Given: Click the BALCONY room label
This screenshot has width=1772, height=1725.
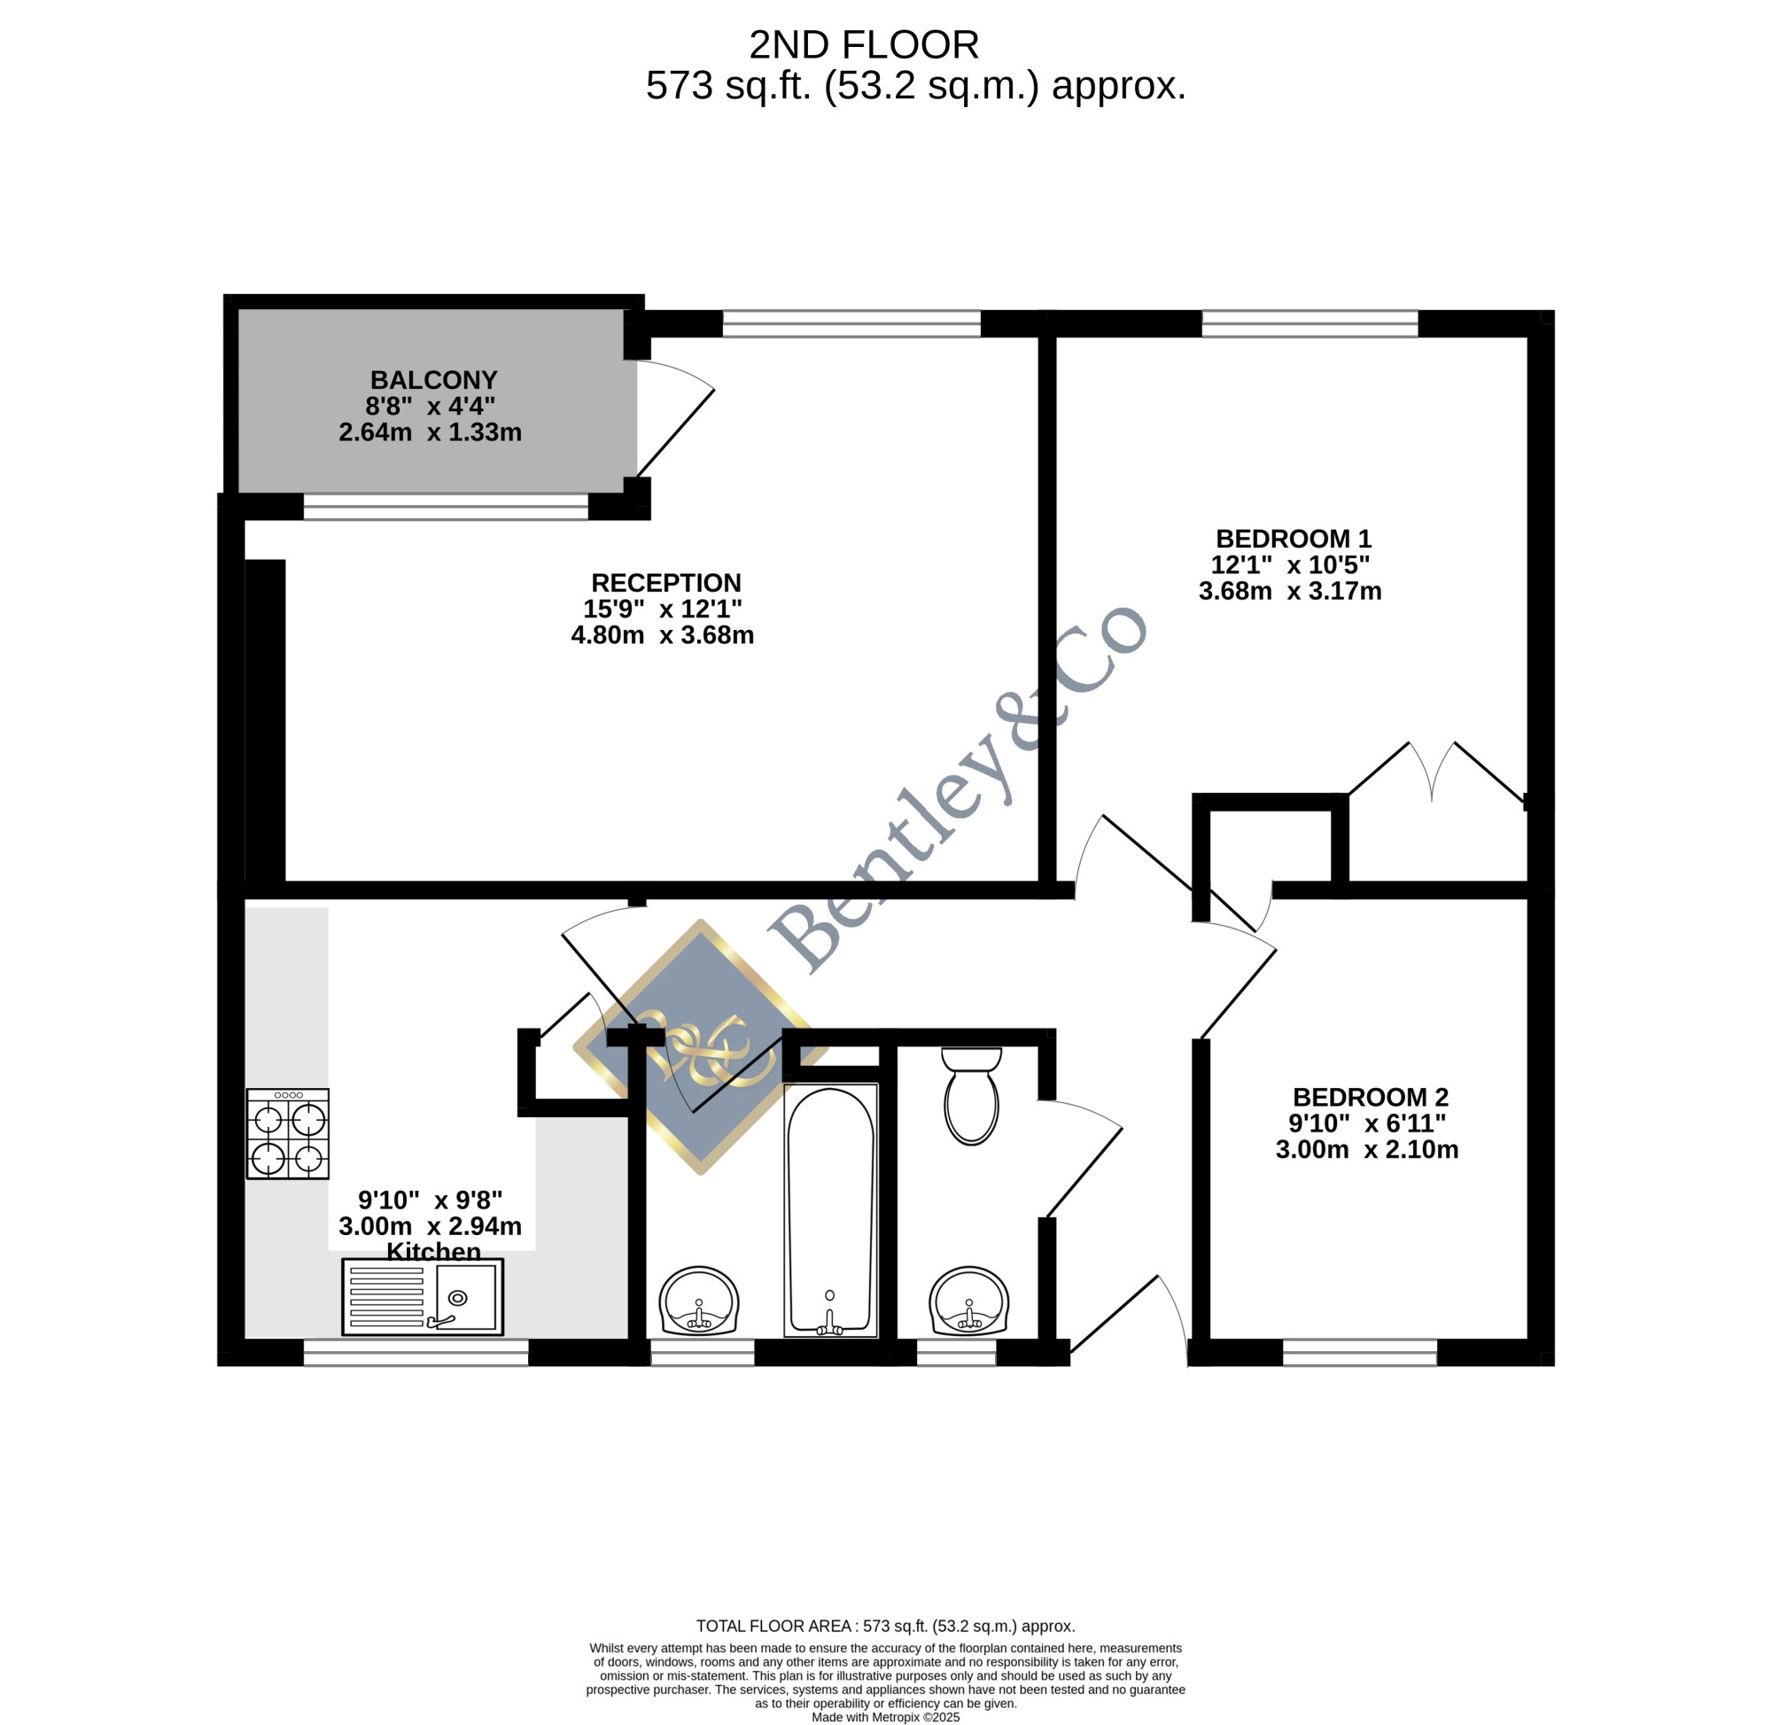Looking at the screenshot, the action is pyautogui.click(x=434, y=379).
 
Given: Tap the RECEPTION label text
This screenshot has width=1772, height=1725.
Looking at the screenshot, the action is pyautogui.click(x=666, y=583).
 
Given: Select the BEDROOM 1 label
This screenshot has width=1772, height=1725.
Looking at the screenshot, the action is pyautogui.click(x=1293, y=538).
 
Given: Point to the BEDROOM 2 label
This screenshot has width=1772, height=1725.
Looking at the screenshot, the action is pyautogui.click(x=1370, y=1097).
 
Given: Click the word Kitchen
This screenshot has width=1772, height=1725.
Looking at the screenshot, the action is pyautogui.click(x=433, y=1251).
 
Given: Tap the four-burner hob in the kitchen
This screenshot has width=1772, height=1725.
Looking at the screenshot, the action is pyautogui.click(x=288, y=1133).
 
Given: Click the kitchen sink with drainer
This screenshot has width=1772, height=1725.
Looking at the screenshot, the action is pyautogui.click(x=422, y=1296).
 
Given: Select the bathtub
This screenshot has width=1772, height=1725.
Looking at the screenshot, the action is pyautogui.click(x=831, y=1209).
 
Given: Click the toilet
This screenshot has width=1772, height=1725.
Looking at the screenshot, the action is pyautogui.click(x=971, y=1096).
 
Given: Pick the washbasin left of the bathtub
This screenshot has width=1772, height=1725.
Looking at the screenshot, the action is pyautogui.click(x=698, y=1301).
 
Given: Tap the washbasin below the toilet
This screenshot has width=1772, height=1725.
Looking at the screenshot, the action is pyautogui.click(x=968, y=1301).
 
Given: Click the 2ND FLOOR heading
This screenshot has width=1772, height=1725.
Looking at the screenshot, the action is pyautogui.click(x=863, y=44).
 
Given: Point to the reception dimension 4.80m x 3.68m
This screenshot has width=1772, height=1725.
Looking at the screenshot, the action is pyautogui.click(x=662, y=635).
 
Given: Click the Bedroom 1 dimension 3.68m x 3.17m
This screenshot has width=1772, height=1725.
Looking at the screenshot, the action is pyautogui.click(x=1290, y=592).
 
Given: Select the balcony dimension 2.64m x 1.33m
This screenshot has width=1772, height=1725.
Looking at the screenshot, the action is pyautogui.click(x=431, y=432).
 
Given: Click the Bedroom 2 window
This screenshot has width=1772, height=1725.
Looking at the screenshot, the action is pyautogui.click(x=1360, y=1352).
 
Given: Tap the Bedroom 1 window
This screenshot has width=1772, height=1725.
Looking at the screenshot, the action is pyautogui.click(x=1310, y=323).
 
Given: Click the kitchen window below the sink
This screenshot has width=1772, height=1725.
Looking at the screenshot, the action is pyautogui.click(x=416, y=1352).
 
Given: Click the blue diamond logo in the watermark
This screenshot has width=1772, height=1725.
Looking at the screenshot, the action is pyautogui.click(x=700, y=1047).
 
